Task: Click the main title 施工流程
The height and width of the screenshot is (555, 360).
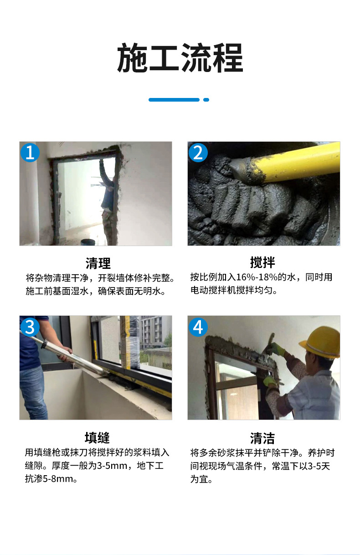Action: click(180, 58)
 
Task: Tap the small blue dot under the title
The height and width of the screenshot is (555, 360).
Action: click(206, 99)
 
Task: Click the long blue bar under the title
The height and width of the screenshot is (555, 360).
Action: click(174, 99)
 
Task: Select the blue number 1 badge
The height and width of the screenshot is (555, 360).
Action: click(30, 152)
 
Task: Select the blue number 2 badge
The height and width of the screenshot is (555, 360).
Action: click(198, 152)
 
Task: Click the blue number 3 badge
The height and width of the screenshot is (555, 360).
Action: click(30, 327)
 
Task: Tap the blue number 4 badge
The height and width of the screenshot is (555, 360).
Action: click(198, 327)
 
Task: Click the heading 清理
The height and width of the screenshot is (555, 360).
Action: click(98, 263)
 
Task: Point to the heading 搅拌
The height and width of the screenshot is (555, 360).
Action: click(262, 262)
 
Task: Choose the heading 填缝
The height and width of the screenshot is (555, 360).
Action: click(97, 437)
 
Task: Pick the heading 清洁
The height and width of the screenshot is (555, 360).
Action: click(262, 438)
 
